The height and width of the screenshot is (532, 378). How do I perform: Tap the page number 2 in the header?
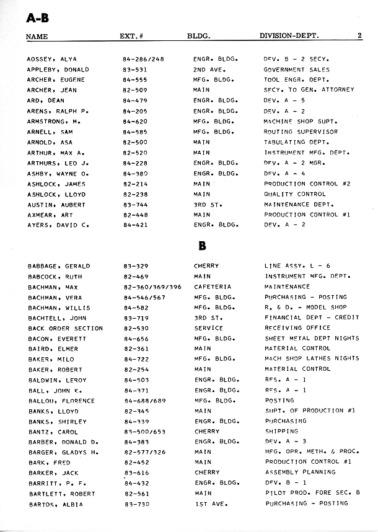[359, 37]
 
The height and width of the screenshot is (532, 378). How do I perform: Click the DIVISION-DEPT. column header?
[289, 37]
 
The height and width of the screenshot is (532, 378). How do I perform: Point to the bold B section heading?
[202, 246]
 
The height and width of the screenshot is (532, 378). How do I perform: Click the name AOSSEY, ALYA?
[52, 59]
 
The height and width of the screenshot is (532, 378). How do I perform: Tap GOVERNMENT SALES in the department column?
[296, 69]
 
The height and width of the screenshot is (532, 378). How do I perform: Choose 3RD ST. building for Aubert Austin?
[208, 205]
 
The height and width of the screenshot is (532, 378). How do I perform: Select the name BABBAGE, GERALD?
[59, 266]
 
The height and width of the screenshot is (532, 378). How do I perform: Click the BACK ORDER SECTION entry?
[65, 328]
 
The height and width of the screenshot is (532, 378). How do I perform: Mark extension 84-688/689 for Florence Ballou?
[143, 401]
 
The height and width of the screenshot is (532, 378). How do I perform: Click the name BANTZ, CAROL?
[53, 432]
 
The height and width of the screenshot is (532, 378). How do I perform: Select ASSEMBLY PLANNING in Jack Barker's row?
[300, 472]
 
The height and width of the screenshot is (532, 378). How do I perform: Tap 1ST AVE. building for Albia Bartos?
[208, 503]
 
